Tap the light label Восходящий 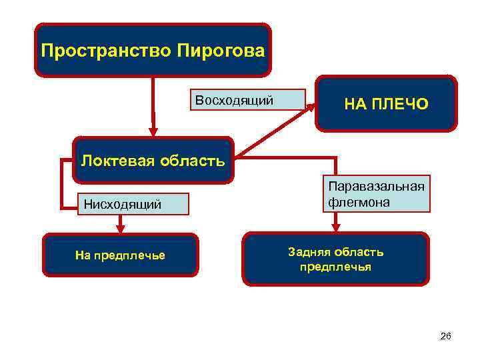click(234, 101)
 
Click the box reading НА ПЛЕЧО click(386, 103)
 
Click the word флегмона click(359, 201)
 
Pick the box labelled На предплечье click(121, 255)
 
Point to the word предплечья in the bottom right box click(336, 267)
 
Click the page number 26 click(446, 337)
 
